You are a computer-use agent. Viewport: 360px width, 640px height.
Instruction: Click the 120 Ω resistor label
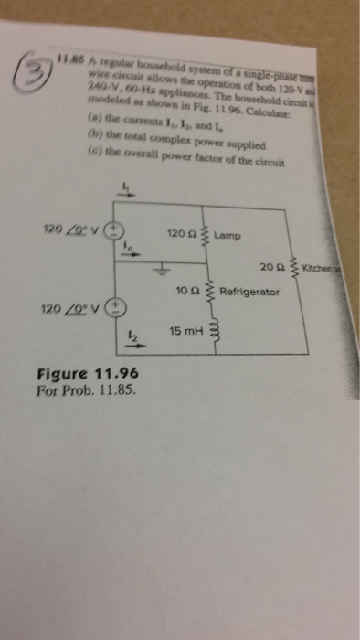182,233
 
